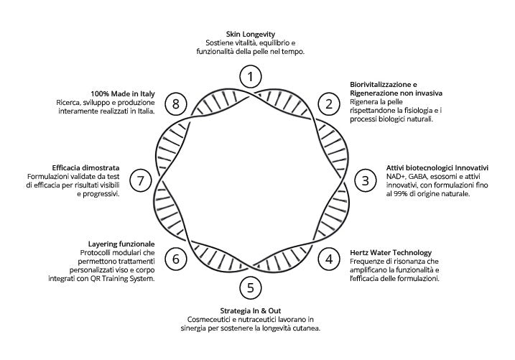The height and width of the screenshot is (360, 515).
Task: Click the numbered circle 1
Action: coord(250,75)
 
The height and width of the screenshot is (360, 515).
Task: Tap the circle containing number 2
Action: coord(329,103)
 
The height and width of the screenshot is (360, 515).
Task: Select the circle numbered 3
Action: coord(365,180)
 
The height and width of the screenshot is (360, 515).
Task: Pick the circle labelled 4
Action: coord(329,258)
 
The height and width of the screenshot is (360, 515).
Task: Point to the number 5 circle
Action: coord(250,288)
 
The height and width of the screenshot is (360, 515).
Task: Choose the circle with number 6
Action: coord(176,258)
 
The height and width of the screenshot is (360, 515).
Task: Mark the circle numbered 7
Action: coord(141,180)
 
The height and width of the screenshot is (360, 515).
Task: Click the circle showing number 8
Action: coord(176,103)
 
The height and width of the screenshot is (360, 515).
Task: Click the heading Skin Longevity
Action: coord(251,34)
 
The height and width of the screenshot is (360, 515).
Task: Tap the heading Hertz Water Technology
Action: coord(391,253)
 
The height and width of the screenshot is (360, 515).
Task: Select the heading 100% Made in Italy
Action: coord(123,93)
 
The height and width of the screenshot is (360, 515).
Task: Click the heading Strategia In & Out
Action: coord(250,310)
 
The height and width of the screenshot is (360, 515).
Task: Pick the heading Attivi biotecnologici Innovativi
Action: coord(437,167)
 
